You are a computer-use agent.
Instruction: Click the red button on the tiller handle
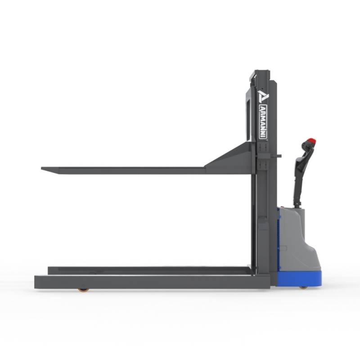[311, 140]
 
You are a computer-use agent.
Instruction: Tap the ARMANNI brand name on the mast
[263, 121]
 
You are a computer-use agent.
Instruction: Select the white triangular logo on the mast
[262, 96]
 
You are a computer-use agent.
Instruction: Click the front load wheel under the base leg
[82, 290]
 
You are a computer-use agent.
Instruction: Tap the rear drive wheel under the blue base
[303, 287]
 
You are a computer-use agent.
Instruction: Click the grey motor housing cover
[298, 239]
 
